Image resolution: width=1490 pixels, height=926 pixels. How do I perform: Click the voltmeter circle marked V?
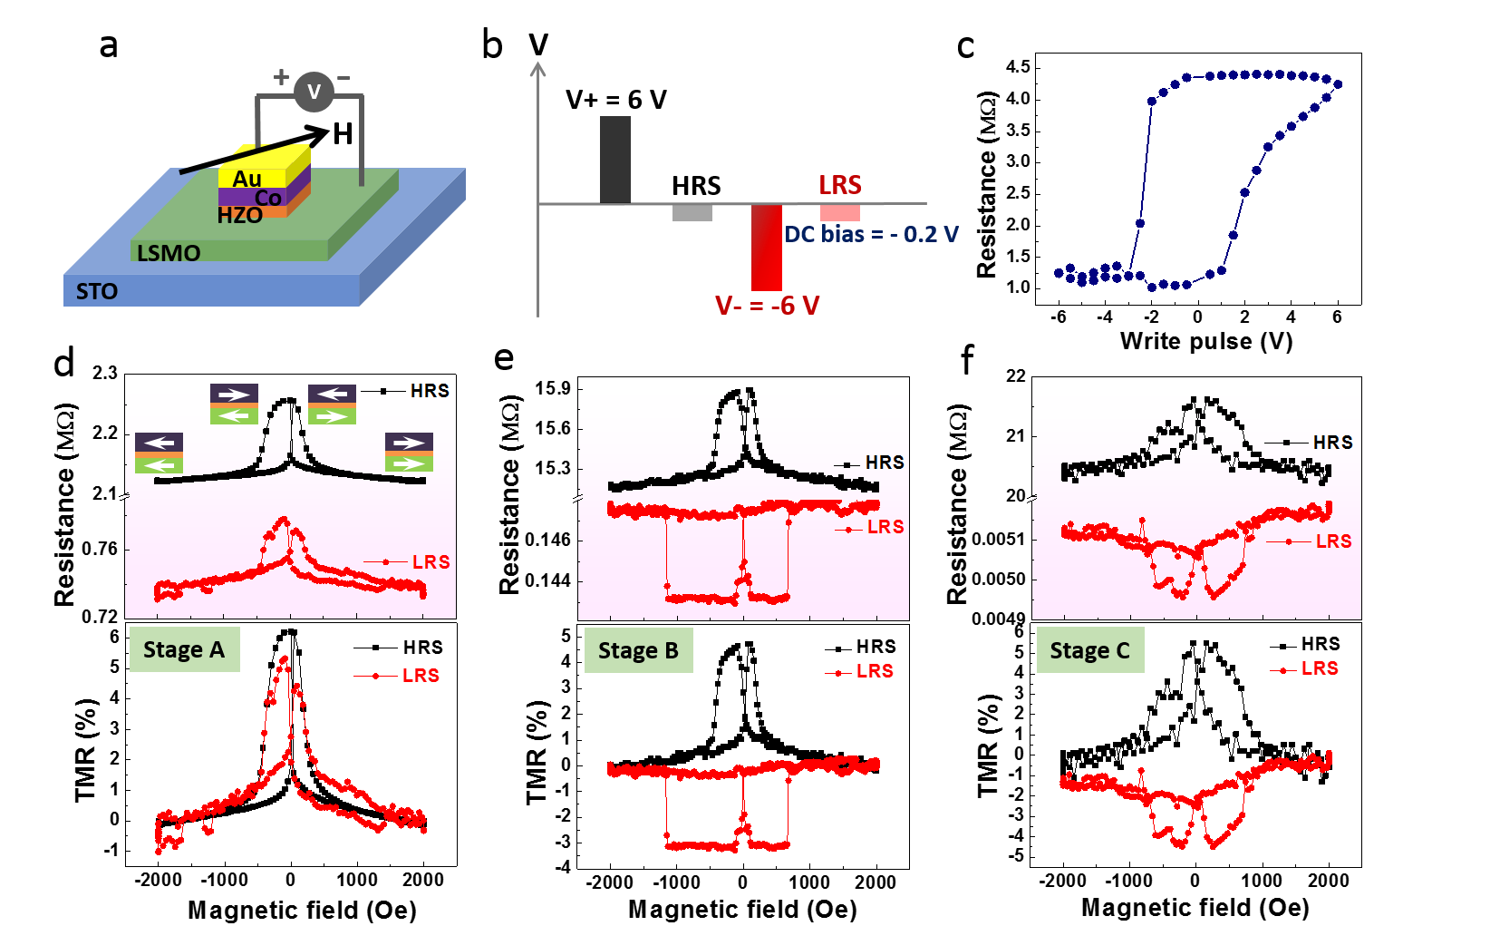314,92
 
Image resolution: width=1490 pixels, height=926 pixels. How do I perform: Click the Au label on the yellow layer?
247,179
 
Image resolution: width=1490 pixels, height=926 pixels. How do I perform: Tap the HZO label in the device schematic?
239,215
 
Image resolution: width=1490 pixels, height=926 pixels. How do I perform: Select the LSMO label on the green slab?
169,253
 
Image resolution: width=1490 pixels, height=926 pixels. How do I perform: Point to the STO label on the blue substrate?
97,291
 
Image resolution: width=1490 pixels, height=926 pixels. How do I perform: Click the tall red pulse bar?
767,247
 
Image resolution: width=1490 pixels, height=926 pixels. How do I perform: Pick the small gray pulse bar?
692,213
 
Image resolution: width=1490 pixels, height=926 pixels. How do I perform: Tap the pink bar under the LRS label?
840,213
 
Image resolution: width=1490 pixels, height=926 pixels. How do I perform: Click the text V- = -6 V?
767,306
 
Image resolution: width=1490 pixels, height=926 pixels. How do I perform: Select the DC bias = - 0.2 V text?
871,234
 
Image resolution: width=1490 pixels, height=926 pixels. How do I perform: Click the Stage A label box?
184,649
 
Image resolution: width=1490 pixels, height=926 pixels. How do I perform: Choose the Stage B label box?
638,650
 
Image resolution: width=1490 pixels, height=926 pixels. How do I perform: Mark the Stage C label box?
1089,650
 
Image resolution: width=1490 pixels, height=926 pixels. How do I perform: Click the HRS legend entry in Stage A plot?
428,391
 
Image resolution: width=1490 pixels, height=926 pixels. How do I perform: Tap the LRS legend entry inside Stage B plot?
884,527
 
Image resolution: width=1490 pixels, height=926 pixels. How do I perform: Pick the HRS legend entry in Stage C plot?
1331,443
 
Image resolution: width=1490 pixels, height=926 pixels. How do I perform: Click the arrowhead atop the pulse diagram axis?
538,69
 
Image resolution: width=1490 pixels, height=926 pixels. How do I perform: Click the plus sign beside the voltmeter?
282,77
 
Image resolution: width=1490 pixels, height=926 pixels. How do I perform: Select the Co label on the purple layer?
267,198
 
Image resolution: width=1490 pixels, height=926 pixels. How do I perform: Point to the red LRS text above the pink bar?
840,185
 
